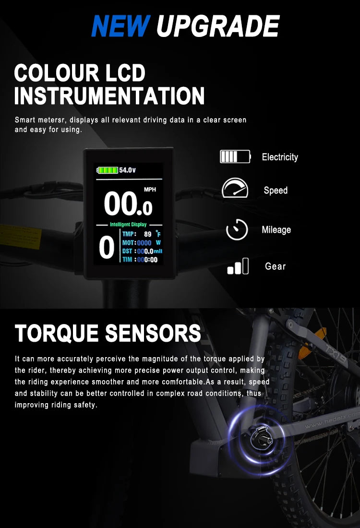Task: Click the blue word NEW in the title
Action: click(120, 26)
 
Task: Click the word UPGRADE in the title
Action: click(218, 26)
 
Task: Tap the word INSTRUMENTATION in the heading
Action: click(109, 96)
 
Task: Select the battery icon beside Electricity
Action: click(235, 156)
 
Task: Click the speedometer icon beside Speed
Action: click(235, 188)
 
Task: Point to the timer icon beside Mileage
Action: click(237, 229)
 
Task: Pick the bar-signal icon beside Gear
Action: click(238, 266)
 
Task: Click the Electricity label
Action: click(280, 157)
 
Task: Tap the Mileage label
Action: click(276, 229)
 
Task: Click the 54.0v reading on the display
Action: click(127, 170)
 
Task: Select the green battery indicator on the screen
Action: click(108, 170)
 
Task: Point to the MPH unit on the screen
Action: click(150, 190)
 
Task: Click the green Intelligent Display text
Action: click(128, 224)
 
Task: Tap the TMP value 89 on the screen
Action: click(148, 234)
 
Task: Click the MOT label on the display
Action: click(128, 242)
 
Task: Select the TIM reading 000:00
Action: click(147, 260)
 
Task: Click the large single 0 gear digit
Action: click(107, 247)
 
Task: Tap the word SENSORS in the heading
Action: click(153, 333)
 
